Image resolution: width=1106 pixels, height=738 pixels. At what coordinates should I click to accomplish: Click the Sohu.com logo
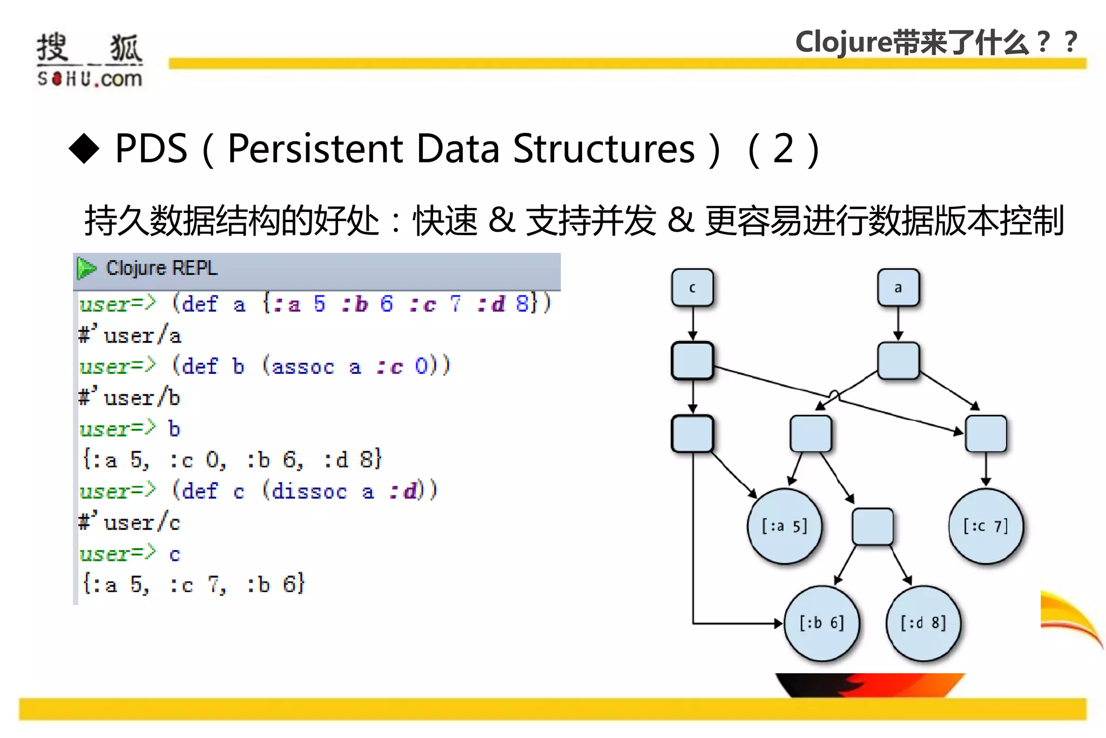point(89,59)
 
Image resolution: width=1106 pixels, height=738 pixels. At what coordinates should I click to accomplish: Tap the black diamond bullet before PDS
point(84,148)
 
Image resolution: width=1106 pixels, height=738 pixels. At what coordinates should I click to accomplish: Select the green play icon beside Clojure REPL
point(86,268)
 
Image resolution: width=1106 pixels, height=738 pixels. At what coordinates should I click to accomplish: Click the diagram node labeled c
point(692,287)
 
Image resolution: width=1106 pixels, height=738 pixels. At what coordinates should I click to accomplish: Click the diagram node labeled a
point(898,287)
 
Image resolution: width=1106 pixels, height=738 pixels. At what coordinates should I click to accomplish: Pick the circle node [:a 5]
point(784,526)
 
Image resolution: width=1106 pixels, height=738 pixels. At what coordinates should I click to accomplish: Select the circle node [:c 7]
point(986,526)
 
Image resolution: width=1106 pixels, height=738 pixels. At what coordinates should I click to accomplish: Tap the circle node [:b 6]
point(821,623)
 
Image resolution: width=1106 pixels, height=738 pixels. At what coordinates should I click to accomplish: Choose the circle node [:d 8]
point(923,623)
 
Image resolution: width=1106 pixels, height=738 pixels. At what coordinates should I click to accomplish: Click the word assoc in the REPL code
point(302,367)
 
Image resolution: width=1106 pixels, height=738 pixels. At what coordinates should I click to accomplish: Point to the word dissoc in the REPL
point(308,492)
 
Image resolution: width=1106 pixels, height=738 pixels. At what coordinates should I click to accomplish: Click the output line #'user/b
point(130,398)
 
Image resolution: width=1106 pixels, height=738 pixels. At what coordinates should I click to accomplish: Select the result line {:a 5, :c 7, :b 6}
point(193,585)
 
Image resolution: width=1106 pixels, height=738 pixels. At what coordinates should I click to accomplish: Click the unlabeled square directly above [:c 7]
point(986,433)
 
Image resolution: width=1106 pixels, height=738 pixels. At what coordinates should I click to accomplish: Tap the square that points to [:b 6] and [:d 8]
point(872,526)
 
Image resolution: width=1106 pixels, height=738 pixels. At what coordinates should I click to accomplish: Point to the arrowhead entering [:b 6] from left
point(778,623)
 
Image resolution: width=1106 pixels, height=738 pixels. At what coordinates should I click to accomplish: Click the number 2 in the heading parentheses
point(783,149)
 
